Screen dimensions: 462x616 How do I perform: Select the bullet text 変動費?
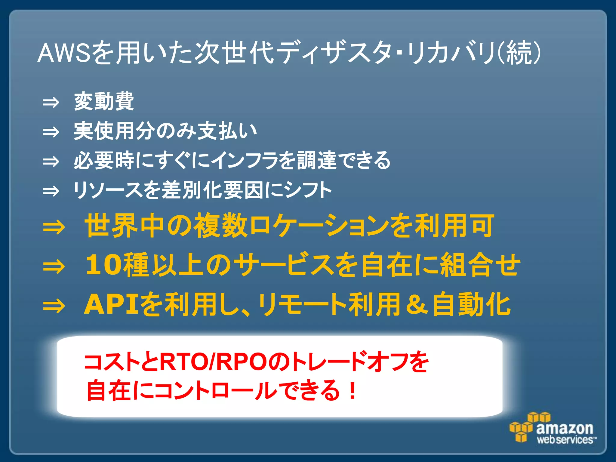pos(104,101)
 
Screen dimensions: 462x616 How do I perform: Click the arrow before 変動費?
pos(51,103)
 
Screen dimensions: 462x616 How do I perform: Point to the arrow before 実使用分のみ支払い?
pos(51,132)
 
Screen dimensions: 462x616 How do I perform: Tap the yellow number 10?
pos(104,265)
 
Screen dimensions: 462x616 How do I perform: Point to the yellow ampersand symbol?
pos(417,304)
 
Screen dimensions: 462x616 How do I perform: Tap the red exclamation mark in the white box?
pos(352,390)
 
